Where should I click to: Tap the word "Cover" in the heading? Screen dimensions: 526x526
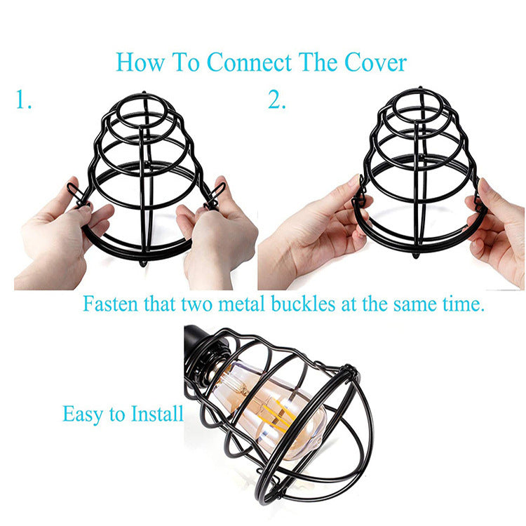click(375, 62)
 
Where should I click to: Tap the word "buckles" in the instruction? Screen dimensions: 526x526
click(307, 305)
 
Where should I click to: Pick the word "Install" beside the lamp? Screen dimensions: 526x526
click(158, 413)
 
